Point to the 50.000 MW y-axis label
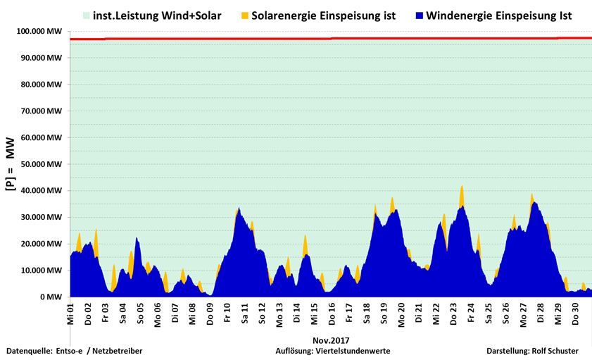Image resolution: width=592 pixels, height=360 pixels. click(x=42, y=164)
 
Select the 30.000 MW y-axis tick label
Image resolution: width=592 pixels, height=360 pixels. click(x=42, y=217)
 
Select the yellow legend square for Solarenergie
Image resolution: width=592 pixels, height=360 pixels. click(x=246, y=15)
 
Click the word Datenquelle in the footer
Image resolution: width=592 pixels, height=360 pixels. click(x=29, y=350)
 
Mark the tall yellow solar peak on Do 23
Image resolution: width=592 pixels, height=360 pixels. click(x=462, y=194)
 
